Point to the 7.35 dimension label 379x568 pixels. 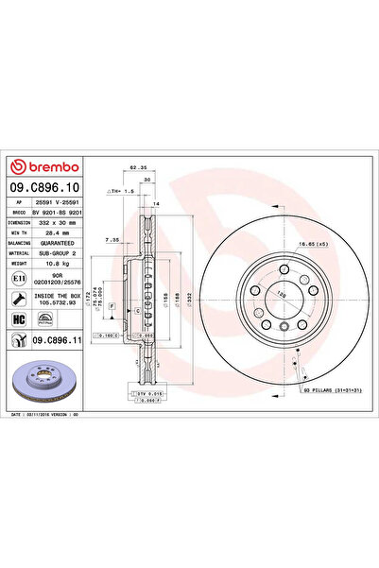pyautogui.click(x=112, y=240)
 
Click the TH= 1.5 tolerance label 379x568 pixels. pyautogui.click(x=120, y=191)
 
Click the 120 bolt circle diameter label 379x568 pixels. pyautogui.click(x=280, y=294)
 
